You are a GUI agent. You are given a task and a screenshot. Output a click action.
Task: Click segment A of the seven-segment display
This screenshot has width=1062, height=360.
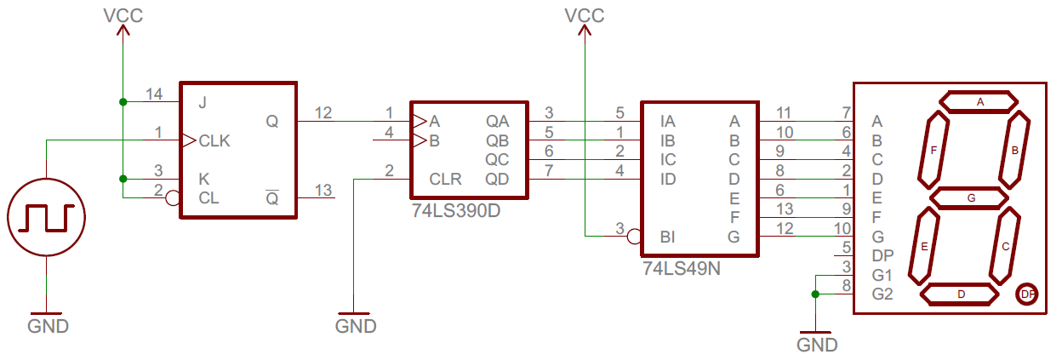[979, 102]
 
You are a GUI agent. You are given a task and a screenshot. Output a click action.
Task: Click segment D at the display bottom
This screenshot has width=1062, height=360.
[961, 294]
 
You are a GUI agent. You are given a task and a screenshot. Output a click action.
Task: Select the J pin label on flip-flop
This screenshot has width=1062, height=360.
[202, 103]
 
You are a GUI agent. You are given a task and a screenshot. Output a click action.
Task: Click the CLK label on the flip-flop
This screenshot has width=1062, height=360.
[214, 140]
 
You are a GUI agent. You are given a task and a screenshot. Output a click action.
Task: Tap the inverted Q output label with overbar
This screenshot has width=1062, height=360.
[272, 198]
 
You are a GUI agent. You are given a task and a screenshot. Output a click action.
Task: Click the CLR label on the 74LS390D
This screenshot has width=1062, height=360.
[446, 180]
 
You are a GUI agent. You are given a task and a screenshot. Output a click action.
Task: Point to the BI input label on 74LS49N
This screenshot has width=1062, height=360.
[667, 237]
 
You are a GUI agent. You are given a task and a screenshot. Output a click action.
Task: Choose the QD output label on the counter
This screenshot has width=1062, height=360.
[497, 180]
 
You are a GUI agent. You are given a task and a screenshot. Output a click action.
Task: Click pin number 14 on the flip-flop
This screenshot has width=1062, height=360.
[154, 94]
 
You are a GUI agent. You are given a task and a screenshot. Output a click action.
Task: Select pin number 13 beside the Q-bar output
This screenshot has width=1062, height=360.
[323, 189]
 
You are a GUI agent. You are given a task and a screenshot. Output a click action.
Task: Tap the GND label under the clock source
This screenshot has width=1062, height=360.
[48, 327]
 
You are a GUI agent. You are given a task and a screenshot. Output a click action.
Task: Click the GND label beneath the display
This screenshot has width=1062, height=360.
[817, 346]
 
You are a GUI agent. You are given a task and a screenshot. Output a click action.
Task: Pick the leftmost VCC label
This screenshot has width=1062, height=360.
[123, 15]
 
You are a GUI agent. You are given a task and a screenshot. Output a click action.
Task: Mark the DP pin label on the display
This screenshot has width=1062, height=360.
[882, 255]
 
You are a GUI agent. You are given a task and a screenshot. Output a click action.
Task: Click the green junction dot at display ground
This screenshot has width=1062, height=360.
[815, 294]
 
